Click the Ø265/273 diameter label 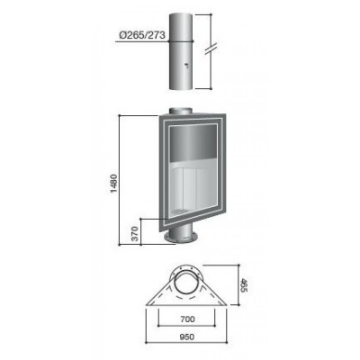point(142,35)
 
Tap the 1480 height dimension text point(115,184)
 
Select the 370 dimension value point(135,234)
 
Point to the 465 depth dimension point(244,285)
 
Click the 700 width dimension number point(187,319)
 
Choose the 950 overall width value point(187,337)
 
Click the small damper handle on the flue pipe point(186,64)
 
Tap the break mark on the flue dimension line point(211,49)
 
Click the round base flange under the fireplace point(181,238)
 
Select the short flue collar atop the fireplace point(180,110)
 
